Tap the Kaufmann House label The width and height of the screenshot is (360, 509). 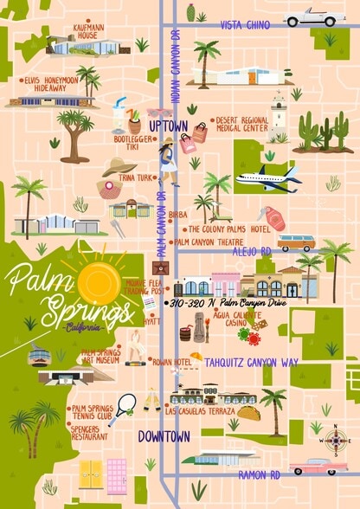click(90, 32)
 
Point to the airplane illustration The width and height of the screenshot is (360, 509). click(267, 178)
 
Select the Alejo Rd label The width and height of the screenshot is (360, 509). click(254, 251)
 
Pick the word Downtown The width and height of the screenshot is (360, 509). click(164, 436)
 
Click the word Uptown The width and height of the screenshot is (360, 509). click(168, 126)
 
